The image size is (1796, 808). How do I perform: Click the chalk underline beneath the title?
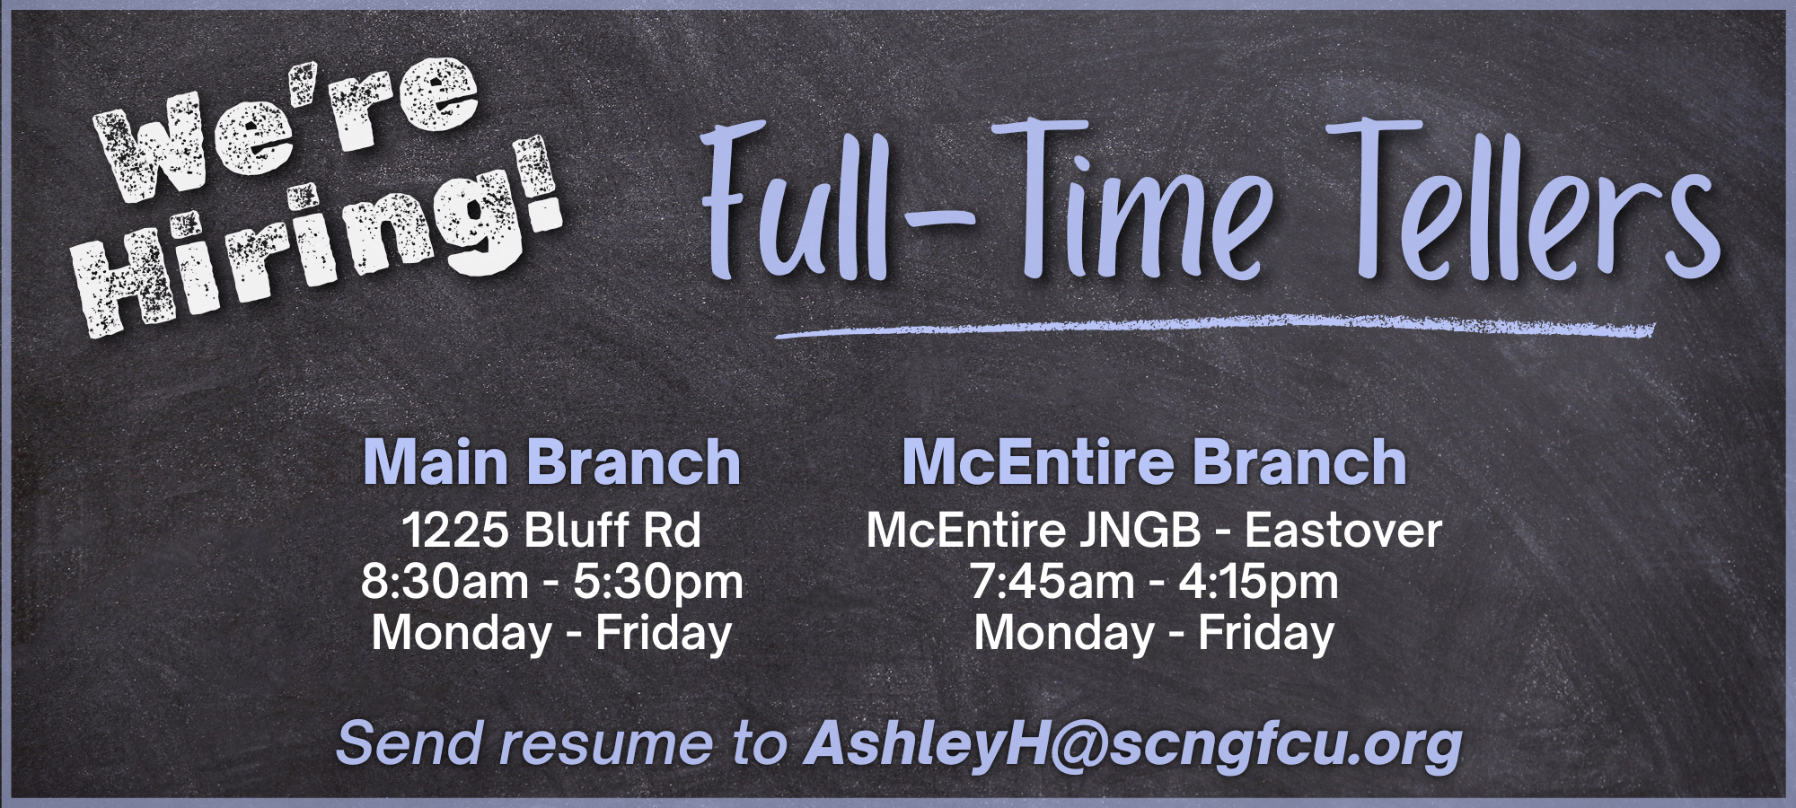coord(1215,327)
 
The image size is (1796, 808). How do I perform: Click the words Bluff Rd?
coord(613,530)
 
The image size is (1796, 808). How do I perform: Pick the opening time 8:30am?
coord(445,582)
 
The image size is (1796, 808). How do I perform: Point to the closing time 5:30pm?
coord(658,584)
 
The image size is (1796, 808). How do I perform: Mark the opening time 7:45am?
coord(1052,582)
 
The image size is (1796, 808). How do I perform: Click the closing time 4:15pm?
coord(1258,584)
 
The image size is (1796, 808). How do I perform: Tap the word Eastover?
coord(1343,530)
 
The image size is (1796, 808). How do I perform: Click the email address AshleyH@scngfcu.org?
coord(1133,745)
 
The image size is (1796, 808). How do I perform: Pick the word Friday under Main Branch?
coord(664,634)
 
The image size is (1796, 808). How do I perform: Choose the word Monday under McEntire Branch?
coord(1065,634)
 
